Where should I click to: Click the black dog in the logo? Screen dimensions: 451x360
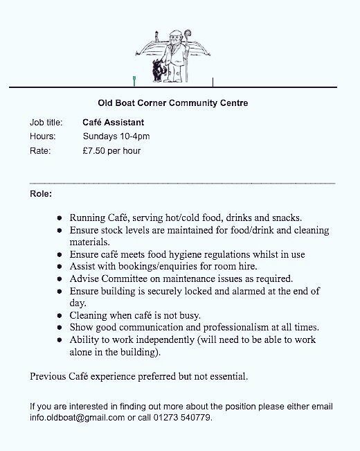(x=159, y=70)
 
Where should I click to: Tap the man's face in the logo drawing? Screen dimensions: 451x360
(x=176, y=36)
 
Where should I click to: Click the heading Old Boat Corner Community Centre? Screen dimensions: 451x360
(x=173, y=103)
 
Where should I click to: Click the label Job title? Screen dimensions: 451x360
(x=46, y=123)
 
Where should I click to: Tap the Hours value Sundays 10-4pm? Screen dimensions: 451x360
(x=116, y=136)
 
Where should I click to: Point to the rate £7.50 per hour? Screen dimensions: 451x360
(x=111, y=150)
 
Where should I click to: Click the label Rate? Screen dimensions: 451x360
(x=40, y=150)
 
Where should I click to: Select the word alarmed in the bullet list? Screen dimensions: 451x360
(x=252, y=291)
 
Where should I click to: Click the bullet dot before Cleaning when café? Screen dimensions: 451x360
(x=60, y=315)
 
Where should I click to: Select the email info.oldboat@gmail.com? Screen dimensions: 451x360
(x=77, y=418)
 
